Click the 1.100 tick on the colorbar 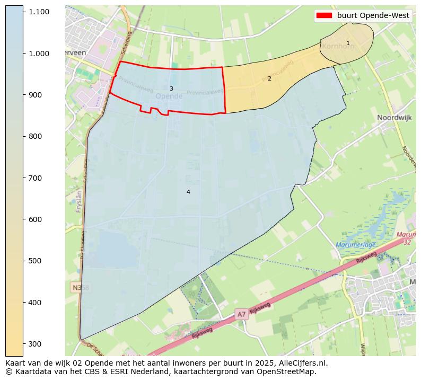click(x=39, y=12)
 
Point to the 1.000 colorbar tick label click(x=39, y=53)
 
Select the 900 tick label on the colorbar click(x=36, y=95)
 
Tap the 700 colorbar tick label click(x=36, y=178)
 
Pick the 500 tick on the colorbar click(x=36, y=261)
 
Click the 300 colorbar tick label click(x=36, y=344)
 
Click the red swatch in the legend click(x=324, y=15)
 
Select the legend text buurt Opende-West click(x=373, y=15)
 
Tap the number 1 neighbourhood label click(x=348, y=43)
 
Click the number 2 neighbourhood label click(x=269, y=78)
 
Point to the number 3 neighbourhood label click(x=171, y=88)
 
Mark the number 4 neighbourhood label click(x=188, y=192)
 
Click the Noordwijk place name click(x=394, y=118)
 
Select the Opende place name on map click(x=169, y=96)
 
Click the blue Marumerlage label click(x=356, y=245)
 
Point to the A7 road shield click(x=241, y=314)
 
